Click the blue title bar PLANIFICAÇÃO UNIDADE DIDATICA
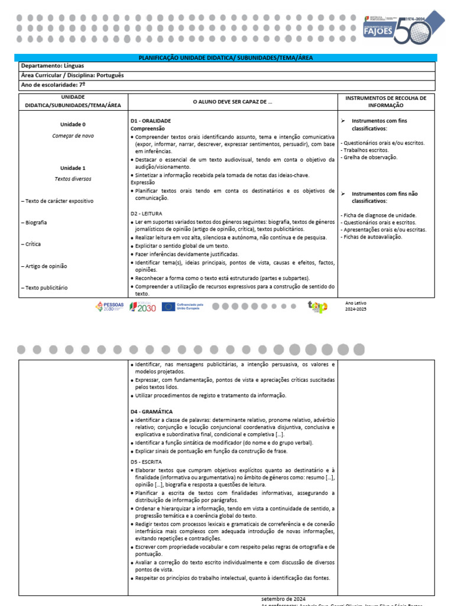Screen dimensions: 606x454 pos(225,57)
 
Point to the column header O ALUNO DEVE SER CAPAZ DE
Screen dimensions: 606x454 pos(233,102)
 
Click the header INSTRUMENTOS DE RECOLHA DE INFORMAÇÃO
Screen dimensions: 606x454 pos(385,101)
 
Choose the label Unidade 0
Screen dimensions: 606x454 pos(73,125)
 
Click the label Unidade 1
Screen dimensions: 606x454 pos(73,168)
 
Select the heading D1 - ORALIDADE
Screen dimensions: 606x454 pos(150,121)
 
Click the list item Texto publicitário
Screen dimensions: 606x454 pos(46,288)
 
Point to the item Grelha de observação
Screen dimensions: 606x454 pos(370,157)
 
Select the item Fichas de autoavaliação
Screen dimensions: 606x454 pos(372,237)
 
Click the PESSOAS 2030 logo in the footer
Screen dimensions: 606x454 pos(109,307)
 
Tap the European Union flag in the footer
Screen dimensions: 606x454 pos(168,307)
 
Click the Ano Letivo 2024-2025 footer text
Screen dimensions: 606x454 pos(356,306)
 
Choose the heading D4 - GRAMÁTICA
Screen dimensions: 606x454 pos(151,411)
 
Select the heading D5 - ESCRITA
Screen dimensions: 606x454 pos(145,462)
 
